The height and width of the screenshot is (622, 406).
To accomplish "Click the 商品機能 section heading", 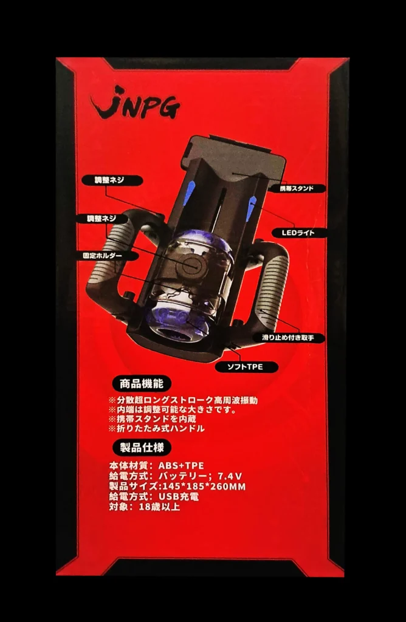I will coord(141,383).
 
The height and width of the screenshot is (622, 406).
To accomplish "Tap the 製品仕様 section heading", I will coord(141,448).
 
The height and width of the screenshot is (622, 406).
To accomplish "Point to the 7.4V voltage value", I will coord(230,476).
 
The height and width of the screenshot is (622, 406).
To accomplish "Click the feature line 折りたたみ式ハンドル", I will coord(159,429).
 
